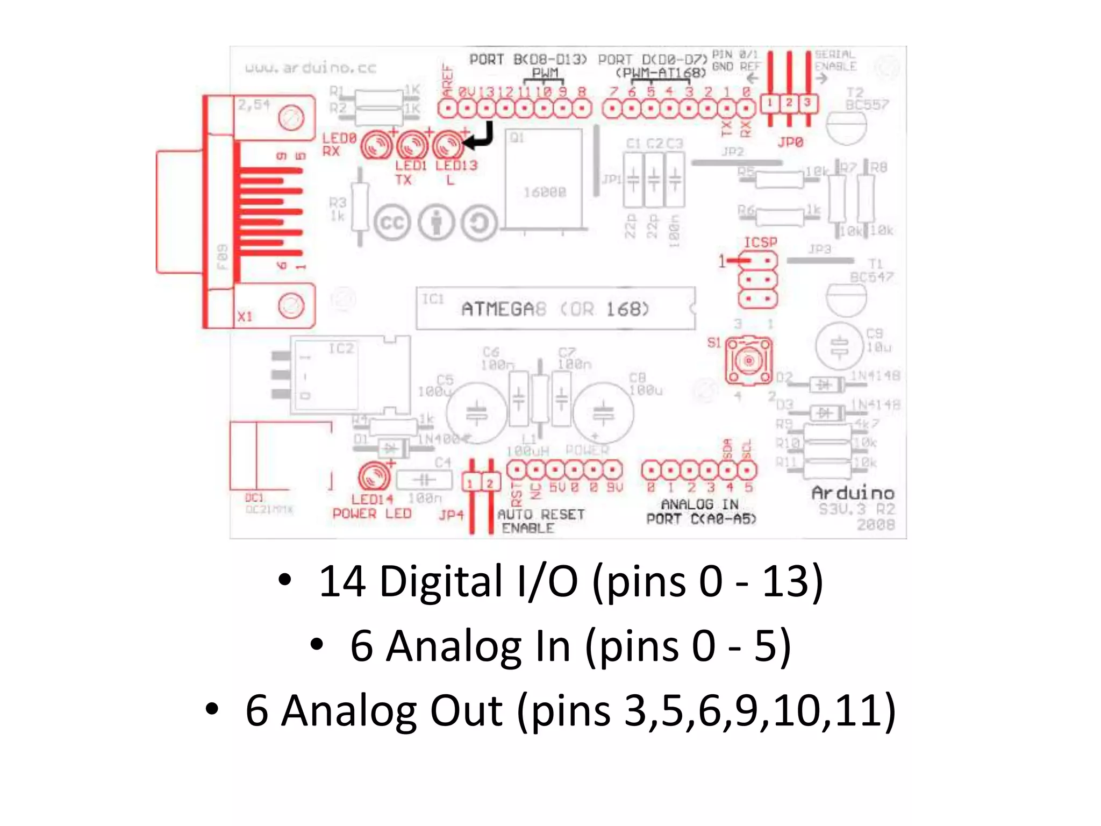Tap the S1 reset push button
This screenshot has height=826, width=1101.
pyautogui.click(x=748, y=360)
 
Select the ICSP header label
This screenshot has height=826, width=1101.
pyautogui.click(x=760, y=243)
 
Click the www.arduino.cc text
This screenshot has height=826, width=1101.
pyautogui.click(x=311, y=68)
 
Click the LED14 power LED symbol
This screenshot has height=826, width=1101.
pyautogui.click(x=374, y=476)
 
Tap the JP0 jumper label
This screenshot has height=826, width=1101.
pyautogui.click(x=790, y=143)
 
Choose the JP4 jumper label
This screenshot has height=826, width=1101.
pyautogui.click(x=451, y=515)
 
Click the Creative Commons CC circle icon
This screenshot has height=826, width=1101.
pyautogui.click(x=392, y=223)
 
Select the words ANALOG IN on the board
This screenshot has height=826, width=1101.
pyautogui.click(x=699, y=504)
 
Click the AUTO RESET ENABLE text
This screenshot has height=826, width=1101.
pyautogui.click(x=540, y=521)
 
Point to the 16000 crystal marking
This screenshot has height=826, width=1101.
pyautogui.click(x=545, y=192)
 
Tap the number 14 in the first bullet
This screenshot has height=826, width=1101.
pyautogui.click(x=342, y=581)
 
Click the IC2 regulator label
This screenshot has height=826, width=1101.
pyautogui.click(x=341, y=348)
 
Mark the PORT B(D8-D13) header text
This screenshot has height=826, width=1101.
pyautogui.click(x=527, y=59)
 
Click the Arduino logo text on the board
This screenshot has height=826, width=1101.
pyautogui.click(x=853, y=493)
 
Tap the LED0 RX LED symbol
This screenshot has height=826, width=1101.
pyautogui.click(x=376, y=145)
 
